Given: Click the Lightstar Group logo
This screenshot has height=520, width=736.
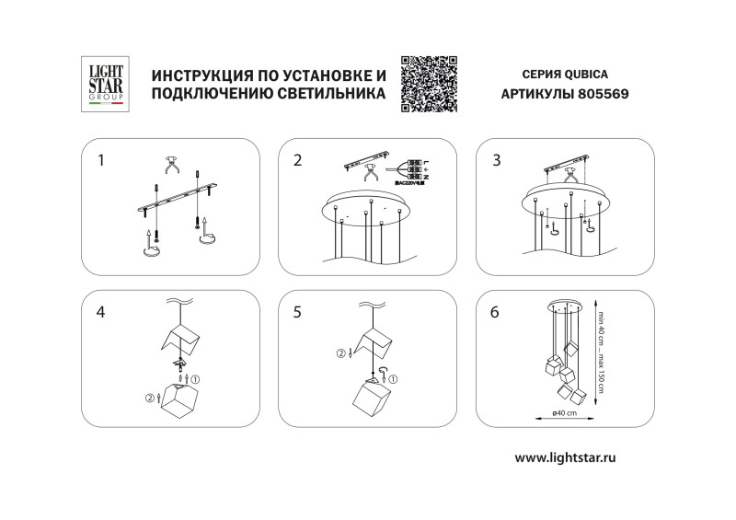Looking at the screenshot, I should coord(105,84).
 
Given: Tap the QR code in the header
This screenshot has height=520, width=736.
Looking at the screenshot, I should coord(430,84).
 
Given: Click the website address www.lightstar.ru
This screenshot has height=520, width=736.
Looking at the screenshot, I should coord(565,457).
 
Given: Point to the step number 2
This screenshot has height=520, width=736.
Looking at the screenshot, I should coord(297,160).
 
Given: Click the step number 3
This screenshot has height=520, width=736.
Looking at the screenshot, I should coord(497,160).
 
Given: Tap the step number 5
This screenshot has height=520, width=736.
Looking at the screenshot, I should coord(297,312).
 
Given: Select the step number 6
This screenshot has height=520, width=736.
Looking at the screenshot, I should coord(496,312).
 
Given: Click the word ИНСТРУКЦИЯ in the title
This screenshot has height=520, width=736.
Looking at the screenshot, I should coord(199,74).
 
